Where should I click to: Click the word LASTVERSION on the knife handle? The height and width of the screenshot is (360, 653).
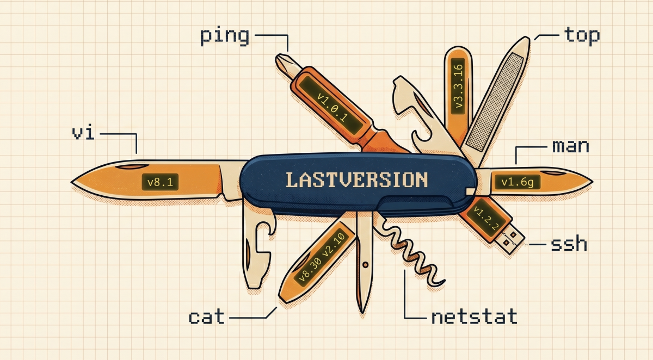tap(356, 179)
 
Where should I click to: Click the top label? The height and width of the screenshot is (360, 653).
tap(582, 36)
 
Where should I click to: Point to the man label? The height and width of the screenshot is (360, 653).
tap(570, 146)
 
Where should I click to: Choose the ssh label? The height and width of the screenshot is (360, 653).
tap(569, 244)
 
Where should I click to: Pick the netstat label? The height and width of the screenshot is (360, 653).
tap(474, 316)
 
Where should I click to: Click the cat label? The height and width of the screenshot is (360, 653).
tap(206, 316)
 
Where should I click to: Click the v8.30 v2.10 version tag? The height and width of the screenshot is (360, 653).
tap(321, 256)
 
